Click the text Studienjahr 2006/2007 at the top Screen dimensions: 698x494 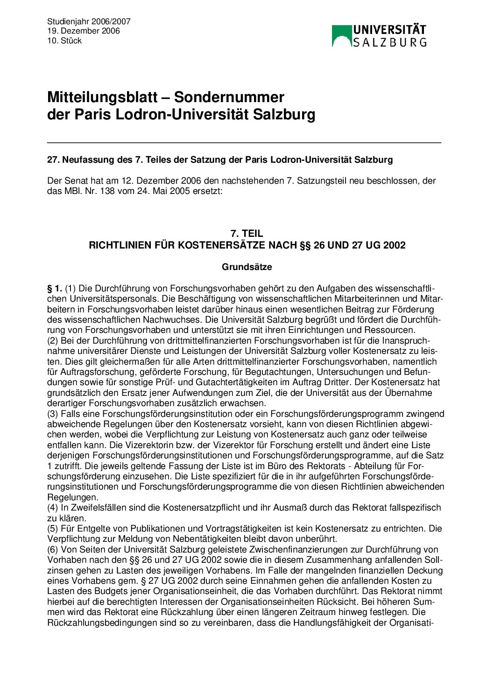pos(89,21)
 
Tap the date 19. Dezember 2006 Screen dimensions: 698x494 pos(83,31)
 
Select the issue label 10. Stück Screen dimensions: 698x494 pos(64,41)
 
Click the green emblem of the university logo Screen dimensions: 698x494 pos(341,36)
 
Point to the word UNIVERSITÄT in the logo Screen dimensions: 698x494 pos(389,30)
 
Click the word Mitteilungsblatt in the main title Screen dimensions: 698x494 pos(102,97)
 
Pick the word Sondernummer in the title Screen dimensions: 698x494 pos(229,97)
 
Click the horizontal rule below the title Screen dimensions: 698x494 pos(244,142)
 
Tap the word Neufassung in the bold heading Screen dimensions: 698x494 pos(87,159)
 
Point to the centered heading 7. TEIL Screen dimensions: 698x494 pos(247,234)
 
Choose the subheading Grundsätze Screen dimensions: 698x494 pos(247,267)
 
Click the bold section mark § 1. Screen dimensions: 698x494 pos(55,289)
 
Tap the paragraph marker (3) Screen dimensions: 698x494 pos(53,414)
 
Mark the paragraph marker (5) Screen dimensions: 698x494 pos(53,529)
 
